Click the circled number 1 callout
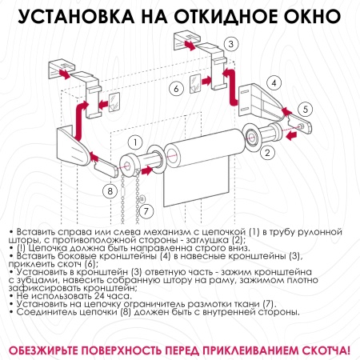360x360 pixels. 137,141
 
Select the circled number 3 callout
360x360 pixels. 231,44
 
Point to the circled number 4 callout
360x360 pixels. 273,82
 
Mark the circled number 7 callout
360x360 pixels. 146,210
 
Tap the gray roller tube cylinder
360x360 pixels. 205,150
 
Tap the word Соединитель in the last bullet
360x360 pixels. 44,312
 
